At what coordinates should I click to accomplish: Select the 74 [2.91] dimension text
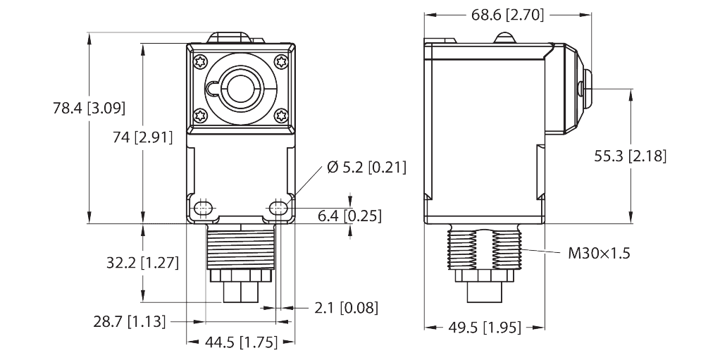pos(143,138)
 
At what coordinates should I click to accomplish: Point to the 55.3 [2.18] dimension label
pos(630,156)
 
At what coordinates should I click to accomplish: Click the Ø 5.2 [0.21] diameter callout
pos(366,168)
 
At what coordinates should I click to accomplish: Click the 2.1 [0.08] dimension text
pos(345,307)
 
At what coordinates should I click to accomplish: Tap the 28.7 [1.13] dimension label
pos(130,321)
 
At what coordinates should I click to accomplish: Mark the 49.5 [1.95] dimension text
pos(485,327)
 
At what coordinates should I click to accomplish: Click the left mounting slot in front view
pos(204,208)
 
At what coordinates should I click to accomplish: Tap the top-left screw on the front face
pos(200,60)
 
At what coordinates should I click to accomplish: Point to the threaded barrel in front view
pos(240,247)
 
